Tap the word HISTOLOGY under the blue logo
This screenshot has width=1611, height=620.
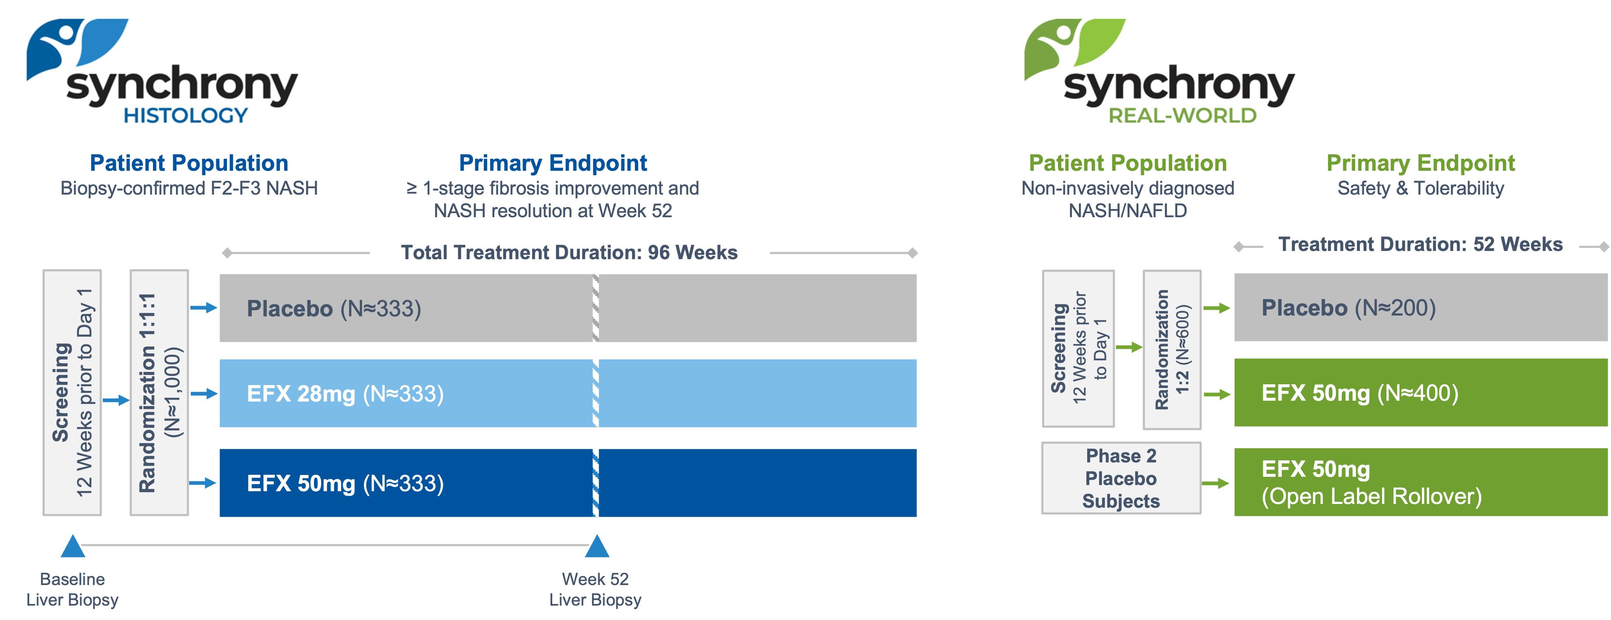[186, 116]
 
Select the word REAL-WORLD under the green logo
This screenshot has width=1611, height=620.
[1182, 116]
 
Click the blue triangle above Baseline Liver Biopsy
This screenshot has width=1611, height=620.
[72, 546]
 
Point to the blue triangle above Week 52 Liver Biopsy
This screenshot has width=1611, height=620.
[597, 546]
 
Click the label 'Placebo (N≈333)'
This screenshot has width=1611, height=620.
[334, 309]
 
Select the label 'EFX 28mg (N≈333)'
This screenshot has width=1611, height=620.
[345, 394]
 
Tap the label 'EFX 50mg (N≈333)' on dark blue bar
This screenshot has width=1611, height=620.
[345, 483]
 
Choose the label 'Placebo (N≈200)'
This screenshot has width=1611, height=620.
[1348, 308]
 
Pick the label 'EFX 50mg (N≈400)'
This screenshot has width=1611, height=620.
[1360, 393]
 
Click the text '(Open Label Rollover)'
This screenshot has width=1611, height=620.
[1371, 496]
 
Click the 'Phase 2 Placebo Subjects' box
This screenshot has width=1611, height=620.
[1121, 478]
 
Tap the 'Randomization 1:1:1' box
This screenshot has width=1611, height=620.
[159, 392]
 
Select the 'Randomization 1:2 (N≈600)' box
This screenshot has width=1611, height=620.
[1172, 349]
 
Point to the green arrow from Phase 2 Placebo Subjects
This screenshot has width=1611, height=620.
[1216, 483]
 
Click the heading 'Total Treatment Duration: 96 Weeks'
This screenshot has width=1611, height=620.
[569, 252]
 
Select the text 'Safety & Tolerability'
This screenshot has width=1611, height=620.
[1420, 188]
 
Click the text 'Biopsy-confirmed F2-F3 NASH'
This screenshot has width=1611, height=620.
[189, 188]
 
